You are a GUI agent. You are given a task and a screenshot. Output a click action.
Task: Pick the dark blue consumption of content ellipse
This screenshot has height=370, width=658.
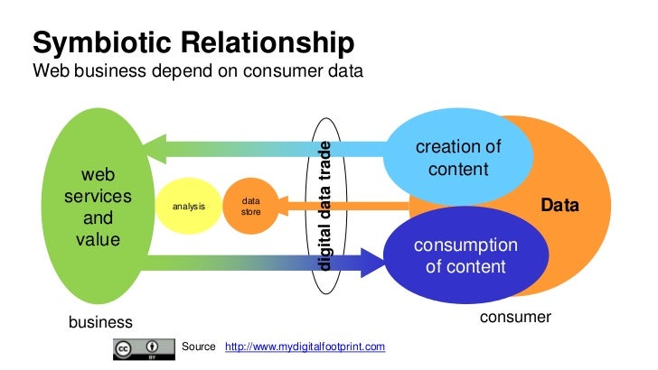click(465, 255)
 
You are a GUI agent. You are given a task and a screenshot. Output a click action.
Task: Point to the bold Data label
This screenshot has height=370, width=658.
click(559, 207)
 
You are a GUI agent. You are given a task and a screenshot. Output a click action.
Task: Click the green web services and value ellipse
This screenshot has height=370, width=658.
click(99, 207)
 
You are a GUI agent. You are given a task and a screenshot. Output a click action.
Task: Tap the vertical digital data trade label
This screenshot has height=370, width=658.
click(326, 207)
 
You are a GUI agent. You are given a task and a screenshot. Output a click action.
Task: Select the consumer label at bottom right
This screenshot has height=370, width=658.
click(514, 318)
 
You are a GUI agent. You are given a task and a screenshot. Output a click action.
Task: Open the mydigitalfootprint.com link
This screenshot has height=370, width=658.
click(305, 347)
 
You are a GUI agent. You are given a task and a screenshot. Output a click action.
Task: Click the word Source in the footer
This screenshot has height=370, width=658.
click(199, 347)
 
